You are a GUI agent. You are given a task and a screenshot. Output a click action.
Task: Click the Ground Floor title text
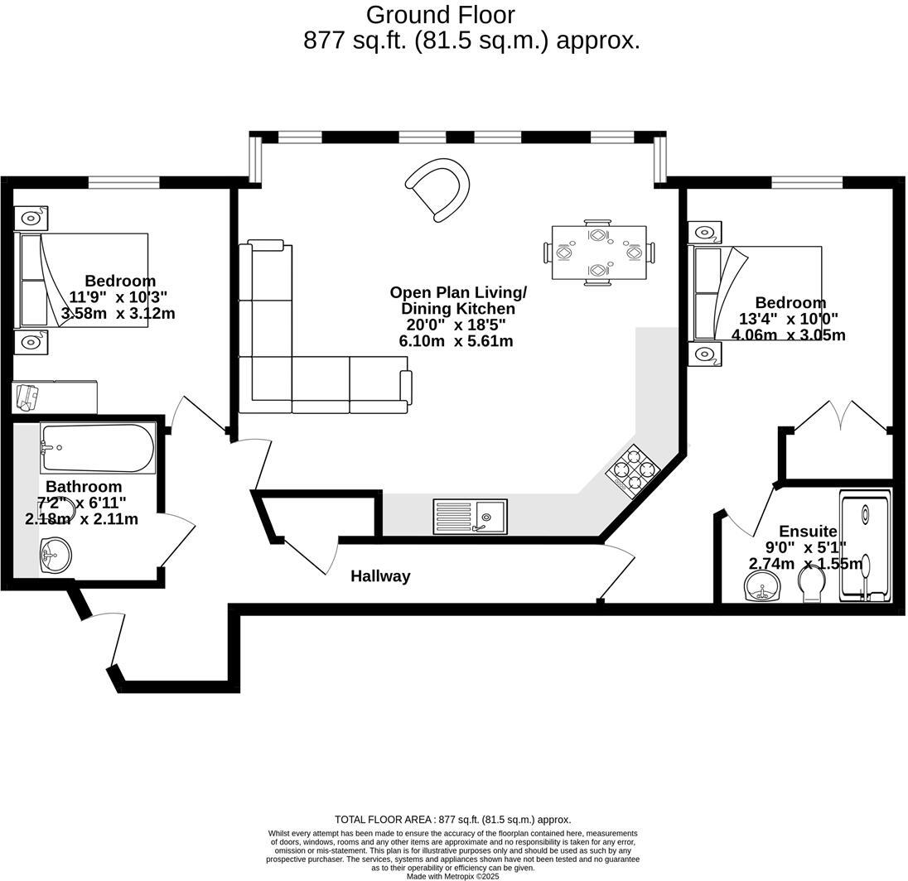440,15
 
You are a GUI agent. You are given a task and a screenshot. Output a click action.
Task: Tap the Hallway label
380,576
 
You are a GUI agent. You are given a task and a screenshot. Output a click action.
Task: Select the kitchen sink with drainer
471,517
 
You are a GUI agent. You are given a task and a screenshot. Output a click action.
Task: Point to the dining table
599,253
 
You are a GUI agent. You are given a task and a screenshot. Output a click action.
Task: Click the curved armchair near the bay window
438,190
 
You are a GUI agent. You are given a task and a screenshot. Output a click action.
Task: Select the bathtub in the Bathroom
97,448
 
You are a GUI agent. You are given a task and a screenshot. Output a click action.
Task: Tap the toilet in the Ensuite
814,585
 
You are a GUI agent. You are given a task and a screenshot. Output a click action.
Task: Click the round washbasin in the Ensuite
763,585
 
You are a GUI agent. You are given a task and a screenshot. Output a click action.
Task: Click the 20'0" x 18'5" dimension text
456,325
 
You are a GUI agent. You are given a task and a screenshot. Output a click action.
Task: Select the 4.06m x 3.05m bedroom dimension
789,335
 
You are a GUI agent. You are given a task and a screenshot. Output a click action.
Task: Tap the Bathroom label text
84,486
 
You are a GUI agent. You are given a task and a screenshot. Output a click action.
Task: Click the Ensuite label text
808,531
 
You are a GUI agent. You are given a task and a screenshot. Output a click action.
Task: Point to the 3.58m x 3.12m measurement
118,313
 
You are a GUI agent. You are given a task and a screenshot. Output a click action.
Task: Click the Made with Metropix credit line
453,876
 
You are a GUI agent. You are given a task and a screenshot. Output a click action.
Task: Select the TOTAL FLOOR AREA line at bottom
453,820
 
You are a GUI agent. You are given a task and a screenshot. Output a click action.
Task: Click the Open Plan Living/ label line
458,292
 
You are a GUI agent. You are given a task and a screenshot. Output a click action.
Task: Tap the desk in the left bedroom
55,397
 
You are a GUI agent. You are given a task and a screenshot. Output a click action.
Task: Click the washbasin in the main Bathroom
56,555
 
